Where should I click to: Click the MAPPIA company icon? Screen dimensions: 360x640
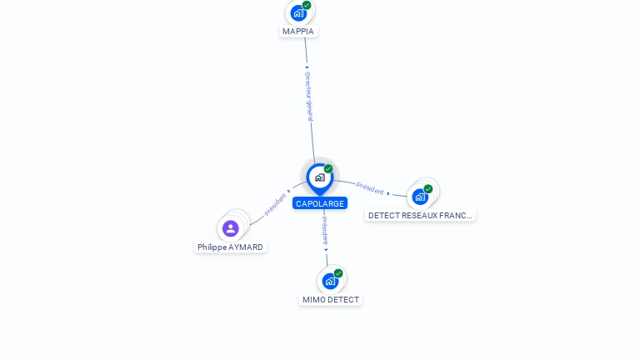(x=298, y=12)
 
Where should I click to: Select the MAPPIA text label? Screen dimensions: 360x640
(x=298, y=32)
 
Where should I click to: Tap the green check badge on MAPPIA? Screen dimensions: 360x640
(x=307, y=5)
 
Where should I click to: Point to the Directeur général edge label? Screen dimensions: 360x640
(x=308, y=96)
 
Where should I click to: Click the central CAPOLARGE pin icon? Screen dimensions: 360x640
(x=319, y=177)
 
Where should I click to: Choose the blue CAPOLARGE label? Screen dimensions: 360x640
(x=319, y=203)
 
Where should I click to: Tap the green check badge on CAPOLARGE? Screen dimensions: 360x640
(x=328, y=169)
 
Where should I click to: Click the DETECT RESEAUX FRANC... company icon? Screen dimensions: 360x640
(x=420, y=197)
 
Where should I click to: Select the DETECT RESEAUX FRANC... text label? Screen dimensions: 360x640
(x=420, y=216)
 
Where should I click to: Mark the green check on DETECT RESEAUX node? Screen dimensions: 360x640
(x=428, y=189)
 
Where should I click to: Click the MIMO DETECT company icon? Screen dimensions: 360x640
(x=330, y=281)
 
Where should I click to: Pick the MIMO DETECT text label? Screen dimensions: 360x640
(x=331, y=300)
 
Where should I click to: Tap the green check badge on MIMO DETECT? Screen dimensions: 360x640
(x=338, y=273)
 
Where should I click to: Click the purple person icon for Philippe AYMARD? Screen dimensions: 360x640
(x=231, y=228)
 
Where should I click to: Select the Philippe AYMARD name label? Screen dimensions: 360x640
(x=230, y=247)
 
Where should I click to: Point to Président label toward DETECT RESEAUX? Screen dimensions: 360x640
(x=370, y=188)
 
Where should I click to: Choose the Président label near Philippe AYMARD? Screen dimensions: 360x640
(x=275, y=205)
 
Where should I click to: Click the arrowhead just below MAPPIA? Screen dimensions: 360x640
(x=307, y=67)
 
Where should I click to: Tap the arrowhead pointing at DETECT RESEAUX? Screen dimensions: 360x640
(x=388, y=193)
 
